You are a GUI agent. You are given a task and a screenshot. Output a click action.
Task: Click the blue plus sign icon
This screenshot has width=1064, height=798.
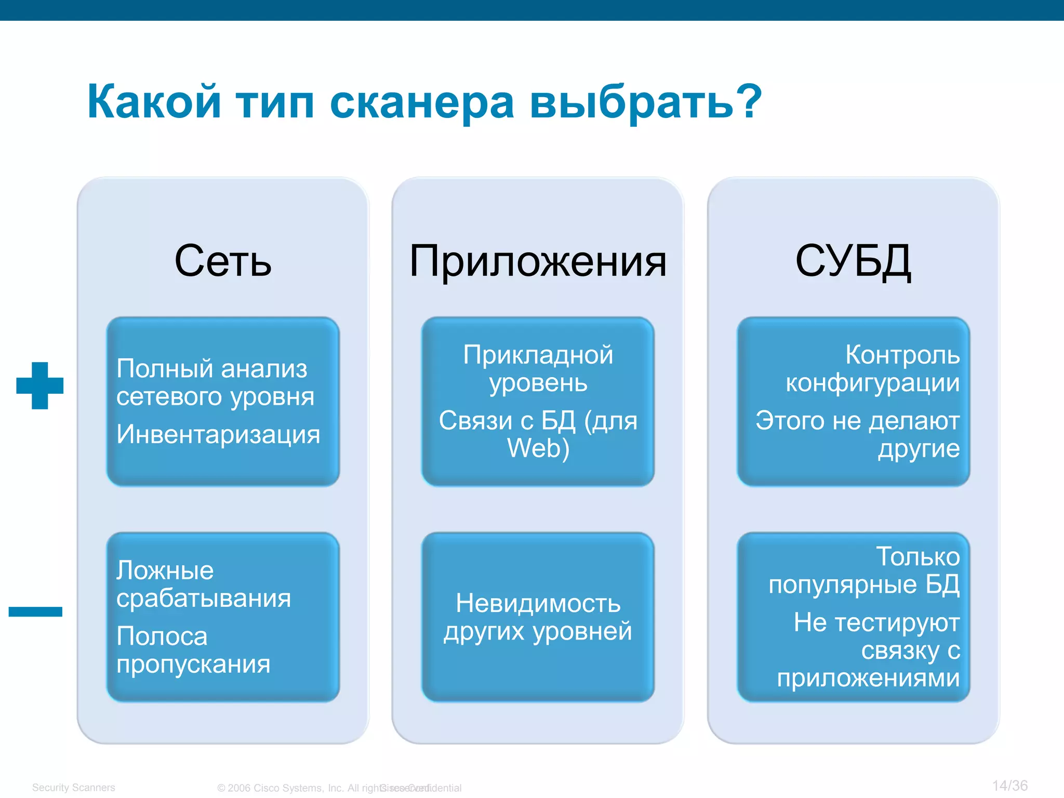(40, 385)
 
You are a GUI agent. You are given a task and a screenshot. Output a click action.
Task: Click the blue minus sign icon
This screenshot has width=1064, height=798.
(35, 611)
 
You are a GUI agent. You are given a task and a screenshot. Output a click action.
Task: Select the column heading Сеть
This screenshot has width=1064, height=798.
(223, 261)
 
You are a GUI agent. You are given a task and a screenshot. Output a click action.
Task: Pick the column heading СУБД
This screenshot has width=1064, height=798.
(853, 261)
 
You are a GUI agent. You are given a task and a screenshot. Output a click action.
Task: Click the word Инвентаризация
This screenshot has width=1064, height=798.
(218, 434)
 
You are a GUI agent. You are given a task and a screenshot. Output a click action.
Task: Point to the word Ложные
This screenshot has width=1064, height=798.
(165, 570)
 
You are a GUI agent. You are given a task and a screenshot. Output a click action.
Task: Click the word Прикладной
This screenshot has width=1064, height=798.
(538, 355)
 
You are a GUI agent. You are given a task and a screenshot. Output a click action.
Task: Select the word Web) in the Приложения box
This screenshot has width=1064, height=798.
(538, 448)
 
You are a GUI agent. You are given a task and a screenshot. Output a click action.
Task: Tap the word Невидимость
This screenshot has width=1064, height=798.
(538, 603)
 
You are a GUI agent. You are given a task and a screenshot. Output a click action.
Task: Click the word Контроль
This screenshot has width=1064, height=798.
(902, 355)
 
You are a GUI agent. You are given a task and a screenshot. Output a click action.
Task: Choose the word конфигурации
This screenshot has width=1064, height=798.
(872, 383)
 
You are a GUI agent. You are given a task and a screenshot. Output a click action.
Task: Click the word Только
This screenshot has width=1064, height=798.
(917, 556)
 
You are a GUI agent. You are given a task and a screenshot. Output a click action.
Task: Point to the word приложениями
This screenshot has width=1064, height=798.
(868, 678)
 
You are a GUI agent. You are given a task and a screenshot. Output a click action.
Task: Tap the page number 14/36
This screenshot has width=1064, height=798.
(1009, 786)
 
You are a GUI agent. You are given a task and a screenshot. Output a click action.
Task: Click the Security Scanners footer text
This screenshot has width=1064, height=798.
(73, 788)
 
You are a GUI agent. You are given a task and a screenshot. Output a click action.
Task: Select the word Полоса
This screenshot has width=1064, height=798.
(162, 636)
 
